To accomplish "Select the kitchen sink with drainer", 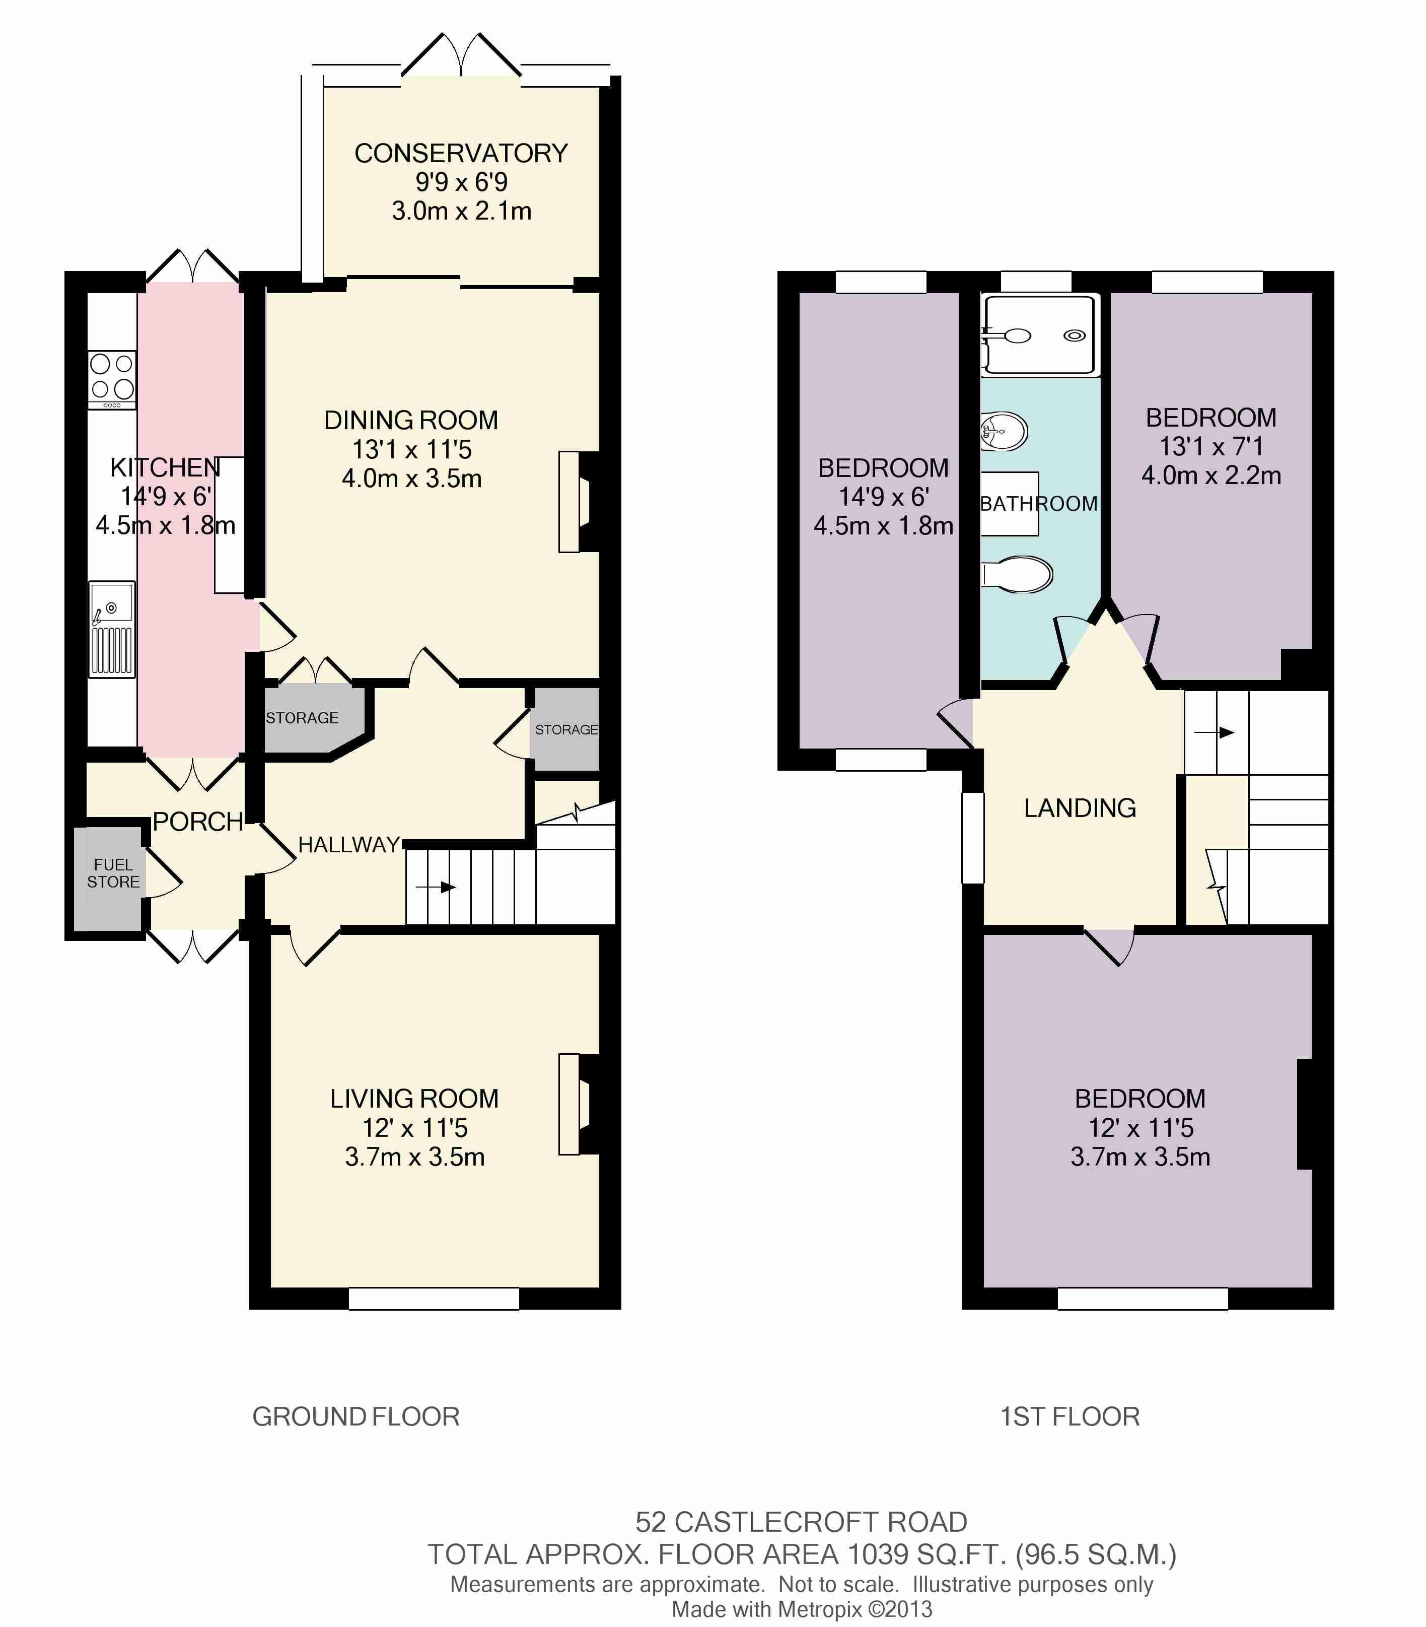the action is click(111, 629).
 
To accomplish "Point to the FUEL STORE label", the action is click(113, 873).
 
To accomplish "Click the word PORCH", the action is click(197, 822).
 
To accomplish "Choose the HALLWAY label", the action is click(348, 845).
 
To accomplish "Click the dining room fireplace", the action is click(579, 502).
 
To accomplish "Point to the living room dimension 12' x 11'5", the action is click(414, 1128).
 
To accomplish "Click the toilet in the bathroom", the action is click(1017, 574).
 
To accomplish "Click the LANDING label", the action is click(1080, 808).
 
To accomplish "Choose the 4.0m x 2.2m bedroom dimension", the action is click(1211, 475).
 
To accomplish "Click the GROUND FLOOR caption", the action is click(355, 1416).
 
